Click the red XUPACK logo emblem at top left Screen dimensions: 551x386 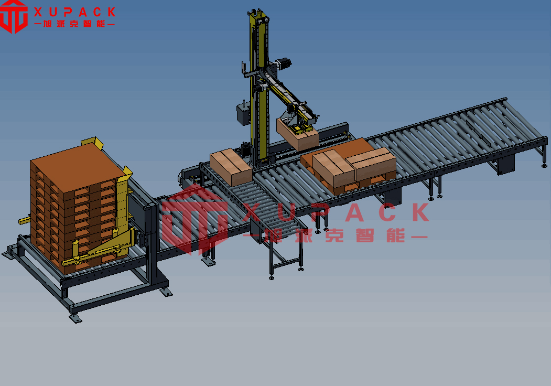tap(14, 17)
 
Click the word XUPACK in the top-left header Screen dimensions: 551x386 tap(74, 12)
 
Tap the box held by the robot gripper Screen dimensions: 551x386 tap(297, 134)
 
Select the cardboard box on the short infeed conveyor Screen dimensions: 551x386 tap(231, 167)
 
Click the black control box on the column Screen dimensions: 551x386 tap(243, 114)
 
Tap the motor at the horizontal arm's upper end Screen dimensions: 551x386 tap(283, 63)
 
